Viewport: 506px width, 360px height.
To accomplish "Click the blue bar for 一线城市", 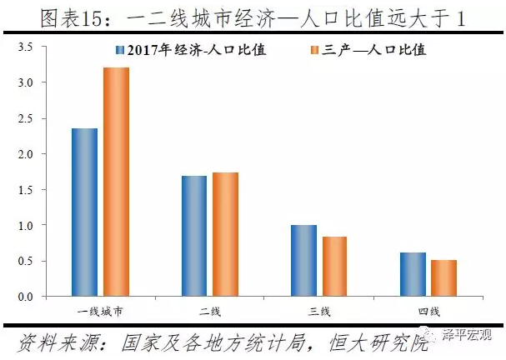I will [84, 212].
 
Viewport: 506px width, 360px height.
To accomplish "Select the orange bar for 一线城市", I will [116, 182].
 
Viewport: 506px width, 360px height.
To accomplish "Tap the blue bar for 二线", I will [193, 236].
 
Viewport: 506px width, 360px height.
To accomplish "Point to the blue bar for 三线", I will [303, 260].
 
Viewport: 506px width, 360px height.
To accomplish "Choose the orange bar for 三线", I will [335, 266].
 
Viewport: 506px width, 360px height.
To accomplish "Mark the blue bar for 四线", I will [413, 274].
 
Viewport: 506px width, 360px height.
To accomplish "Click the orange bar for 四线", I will [444, 277].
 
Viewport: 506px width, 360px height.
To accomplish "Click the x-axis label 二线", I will [209, 312].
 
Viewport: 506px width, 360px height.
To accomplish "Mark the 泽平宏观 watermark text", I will [471, 337].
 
